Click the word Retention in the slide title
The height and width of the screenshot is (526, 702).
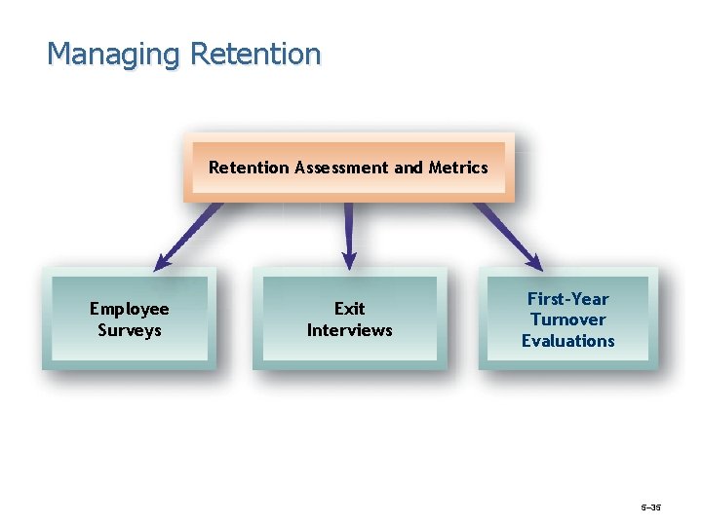tap(255, 54)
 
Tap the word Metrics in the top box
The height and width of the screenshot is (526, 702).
tap(458, 168)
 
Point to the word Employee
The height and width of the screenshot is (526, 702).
tap(130, 309)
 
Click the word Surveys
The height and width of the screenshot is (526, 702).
tap(130, 330)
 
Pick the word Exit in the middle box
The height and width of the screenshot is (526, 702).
tap(349, 309)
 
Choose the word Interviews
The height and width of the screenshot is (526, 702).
tap(349, 330)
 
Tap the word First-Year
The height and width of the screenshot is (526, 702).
tap(567, 299)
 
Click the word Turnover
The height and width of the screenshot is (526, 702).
tap(567, 319)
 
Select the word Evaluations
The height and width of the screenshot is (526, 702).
tap(567, 341)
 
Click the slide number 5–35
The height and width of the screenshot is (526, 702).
tap(650, 507)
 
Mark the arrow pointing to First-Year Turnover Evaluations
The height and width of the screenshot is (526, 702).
tap(508, 235)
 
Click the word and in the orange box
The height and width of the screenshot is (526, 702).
tap(409, 168)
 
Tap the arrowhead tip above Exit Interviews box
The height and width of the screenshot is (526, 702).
tap(349, 266)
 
